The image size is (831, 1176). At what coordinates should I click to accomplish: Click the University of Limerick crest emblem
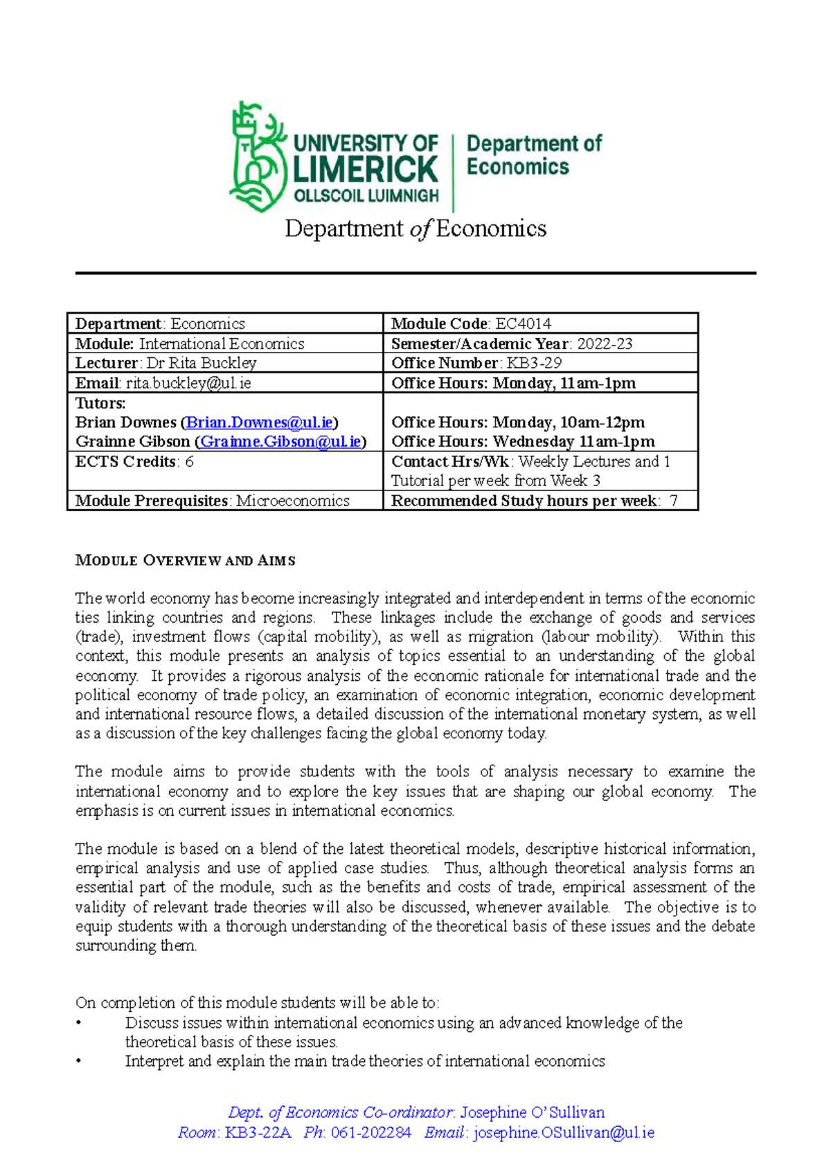258,157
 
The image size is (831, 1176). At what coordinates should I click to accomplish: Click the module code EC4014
523,323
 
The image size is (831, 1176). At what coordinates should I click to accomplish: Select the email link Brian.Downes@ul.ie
260,422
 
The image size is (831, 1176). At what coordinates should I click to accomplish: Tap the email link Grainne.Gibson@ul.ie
280,442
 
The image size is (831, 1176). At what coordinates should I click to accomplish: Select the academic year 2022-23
605,344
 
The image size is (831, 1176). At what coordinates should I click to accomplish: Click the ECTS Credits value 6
189,462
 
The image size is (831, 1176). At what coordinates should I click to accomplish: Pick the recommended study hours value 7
673,501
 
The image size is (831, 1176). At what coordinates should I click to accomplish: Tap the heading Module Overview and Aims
185,560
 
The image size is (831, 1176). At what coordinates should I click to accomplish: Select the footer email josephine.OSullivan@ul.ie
564,1132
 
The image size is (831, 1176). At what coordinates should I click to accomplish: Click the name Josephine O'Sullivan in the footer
532,1112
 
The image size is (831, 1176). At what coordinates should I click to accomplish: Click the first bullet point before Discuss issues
79,1023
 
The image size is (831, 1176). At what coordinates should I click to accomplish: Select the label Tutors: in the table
100,403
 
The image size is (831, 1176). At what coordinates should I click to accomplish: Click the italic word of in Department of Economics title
420,229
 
